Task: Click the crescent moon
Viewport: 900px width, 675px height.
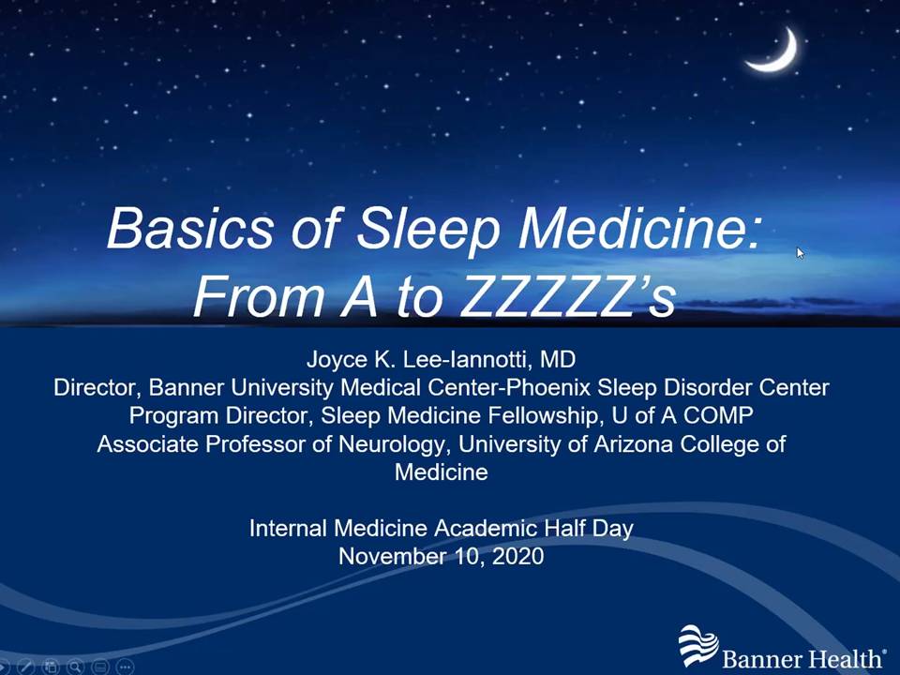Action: click(x=782, y=55)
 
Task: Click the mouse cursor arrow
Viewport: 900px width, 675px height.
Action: click(x=801, y=253)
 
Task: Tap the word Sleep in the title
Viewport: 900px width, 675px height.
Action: click(x=428, y=228)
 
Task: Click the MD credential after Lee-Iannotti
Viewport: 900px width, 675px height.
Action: click(x=558, y=359)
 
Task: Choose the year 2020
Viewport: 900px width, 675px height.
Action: click(x=517, y=556)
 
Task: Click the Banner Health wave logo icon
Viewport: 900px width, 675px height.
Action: click(x=697, y=646)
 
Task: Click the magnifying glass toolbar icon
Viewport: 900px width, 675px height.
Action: click(x=75, y=667)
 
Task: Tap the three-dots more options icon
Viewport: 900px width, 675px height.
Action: click(x=125, y=667)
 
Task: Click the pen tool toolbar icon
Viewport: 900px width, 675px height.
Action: click(x=26, y=667)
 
